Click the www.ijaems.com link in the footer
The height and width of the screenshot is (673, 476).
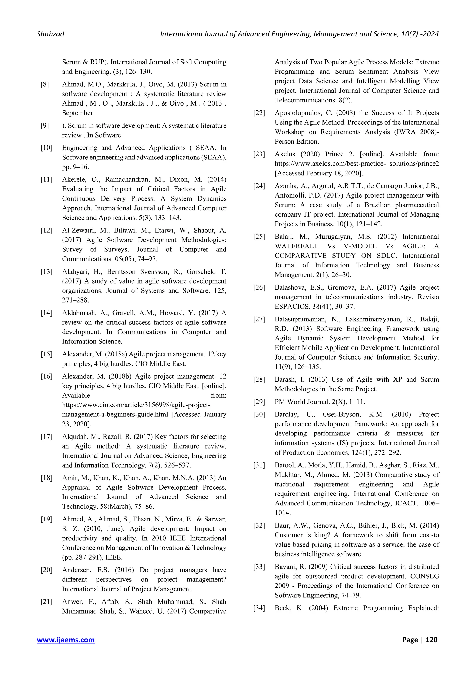[66, 640]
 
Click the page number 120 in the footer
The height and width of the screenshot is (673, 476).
[431, 640]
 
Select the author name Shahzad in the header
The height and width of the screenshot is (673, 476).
[50, 34]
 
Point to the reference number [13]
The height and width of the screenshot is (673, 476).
[46, 272]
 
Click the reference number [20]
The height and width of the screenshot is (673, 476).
[46, 570]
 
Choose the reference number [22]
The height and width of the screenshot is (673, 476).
[259, 113]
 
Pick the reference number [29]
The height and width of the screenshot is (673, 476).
[259, 402]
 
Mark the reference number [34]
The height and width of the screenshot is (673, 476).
[259, 608]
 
